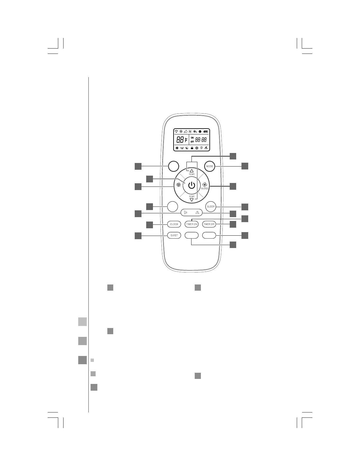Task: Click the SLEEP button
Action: tap(211, 207)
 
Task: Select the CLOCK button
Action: tap(174, 224)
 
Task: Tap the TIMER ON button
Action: tap(192, 224)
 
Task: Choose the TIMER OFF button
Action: tap(209, 224)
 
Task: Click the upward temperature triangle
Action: tap(192, 171)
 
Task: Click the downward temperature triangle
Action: tap(192, 200)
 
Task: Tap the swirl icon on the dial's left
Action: tap(178, 185)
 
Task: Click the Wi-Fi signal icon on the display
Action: tap(176, 132)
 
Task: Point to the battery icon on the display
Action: tap(205, 132)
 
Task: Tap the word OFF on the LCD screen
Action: tap(192, 142)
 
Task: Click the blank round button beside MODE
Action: tap(174, 166)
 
